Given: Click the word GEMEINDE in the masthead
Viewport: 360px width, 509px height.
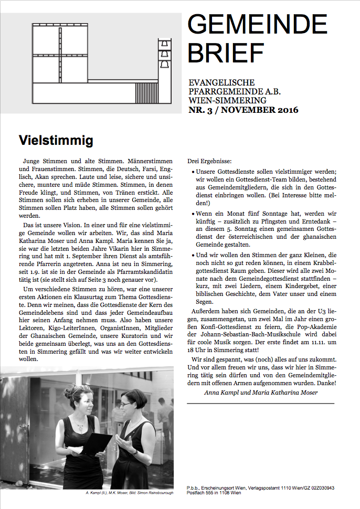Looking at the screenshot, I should tap(257, 25).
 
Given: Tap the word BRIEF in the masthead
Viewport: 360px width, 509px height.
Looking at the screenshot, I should tap(226, 52).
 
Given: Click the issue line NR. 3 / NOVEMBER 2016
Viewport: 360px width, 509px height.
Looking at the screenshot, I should tap(243, 110).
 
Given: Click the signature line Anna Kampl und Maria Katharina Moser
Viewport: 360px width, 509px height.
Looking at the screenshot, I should tap(260, 392).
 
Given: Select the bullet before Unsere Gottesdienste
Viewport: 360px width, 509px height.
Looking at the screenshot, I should tap(192, 172).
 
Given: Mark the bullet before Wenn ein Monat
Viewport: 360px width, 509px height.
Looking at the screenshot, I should tap(192, 214).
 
